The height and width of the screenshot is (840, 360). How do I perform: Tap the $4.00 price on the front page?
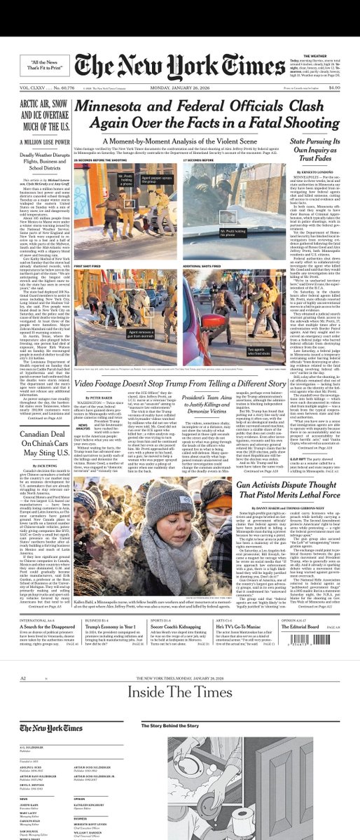tap(334, 87)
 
